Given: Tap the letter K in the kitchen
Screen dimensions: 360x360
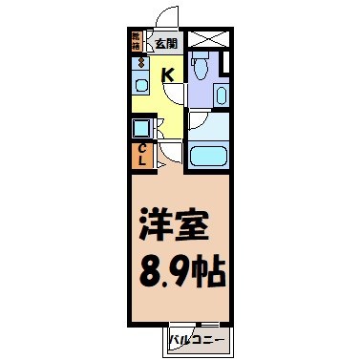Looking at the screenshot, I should (166, 75).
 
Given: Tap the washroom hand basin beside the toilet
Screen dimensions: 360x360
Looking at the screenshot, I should (221, 95).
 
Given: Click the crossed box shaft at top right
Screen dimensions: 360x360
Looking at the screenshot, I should (208, 40).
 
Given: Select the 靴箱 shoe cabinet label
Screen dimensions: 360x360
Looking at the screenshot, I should (137, 42).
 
